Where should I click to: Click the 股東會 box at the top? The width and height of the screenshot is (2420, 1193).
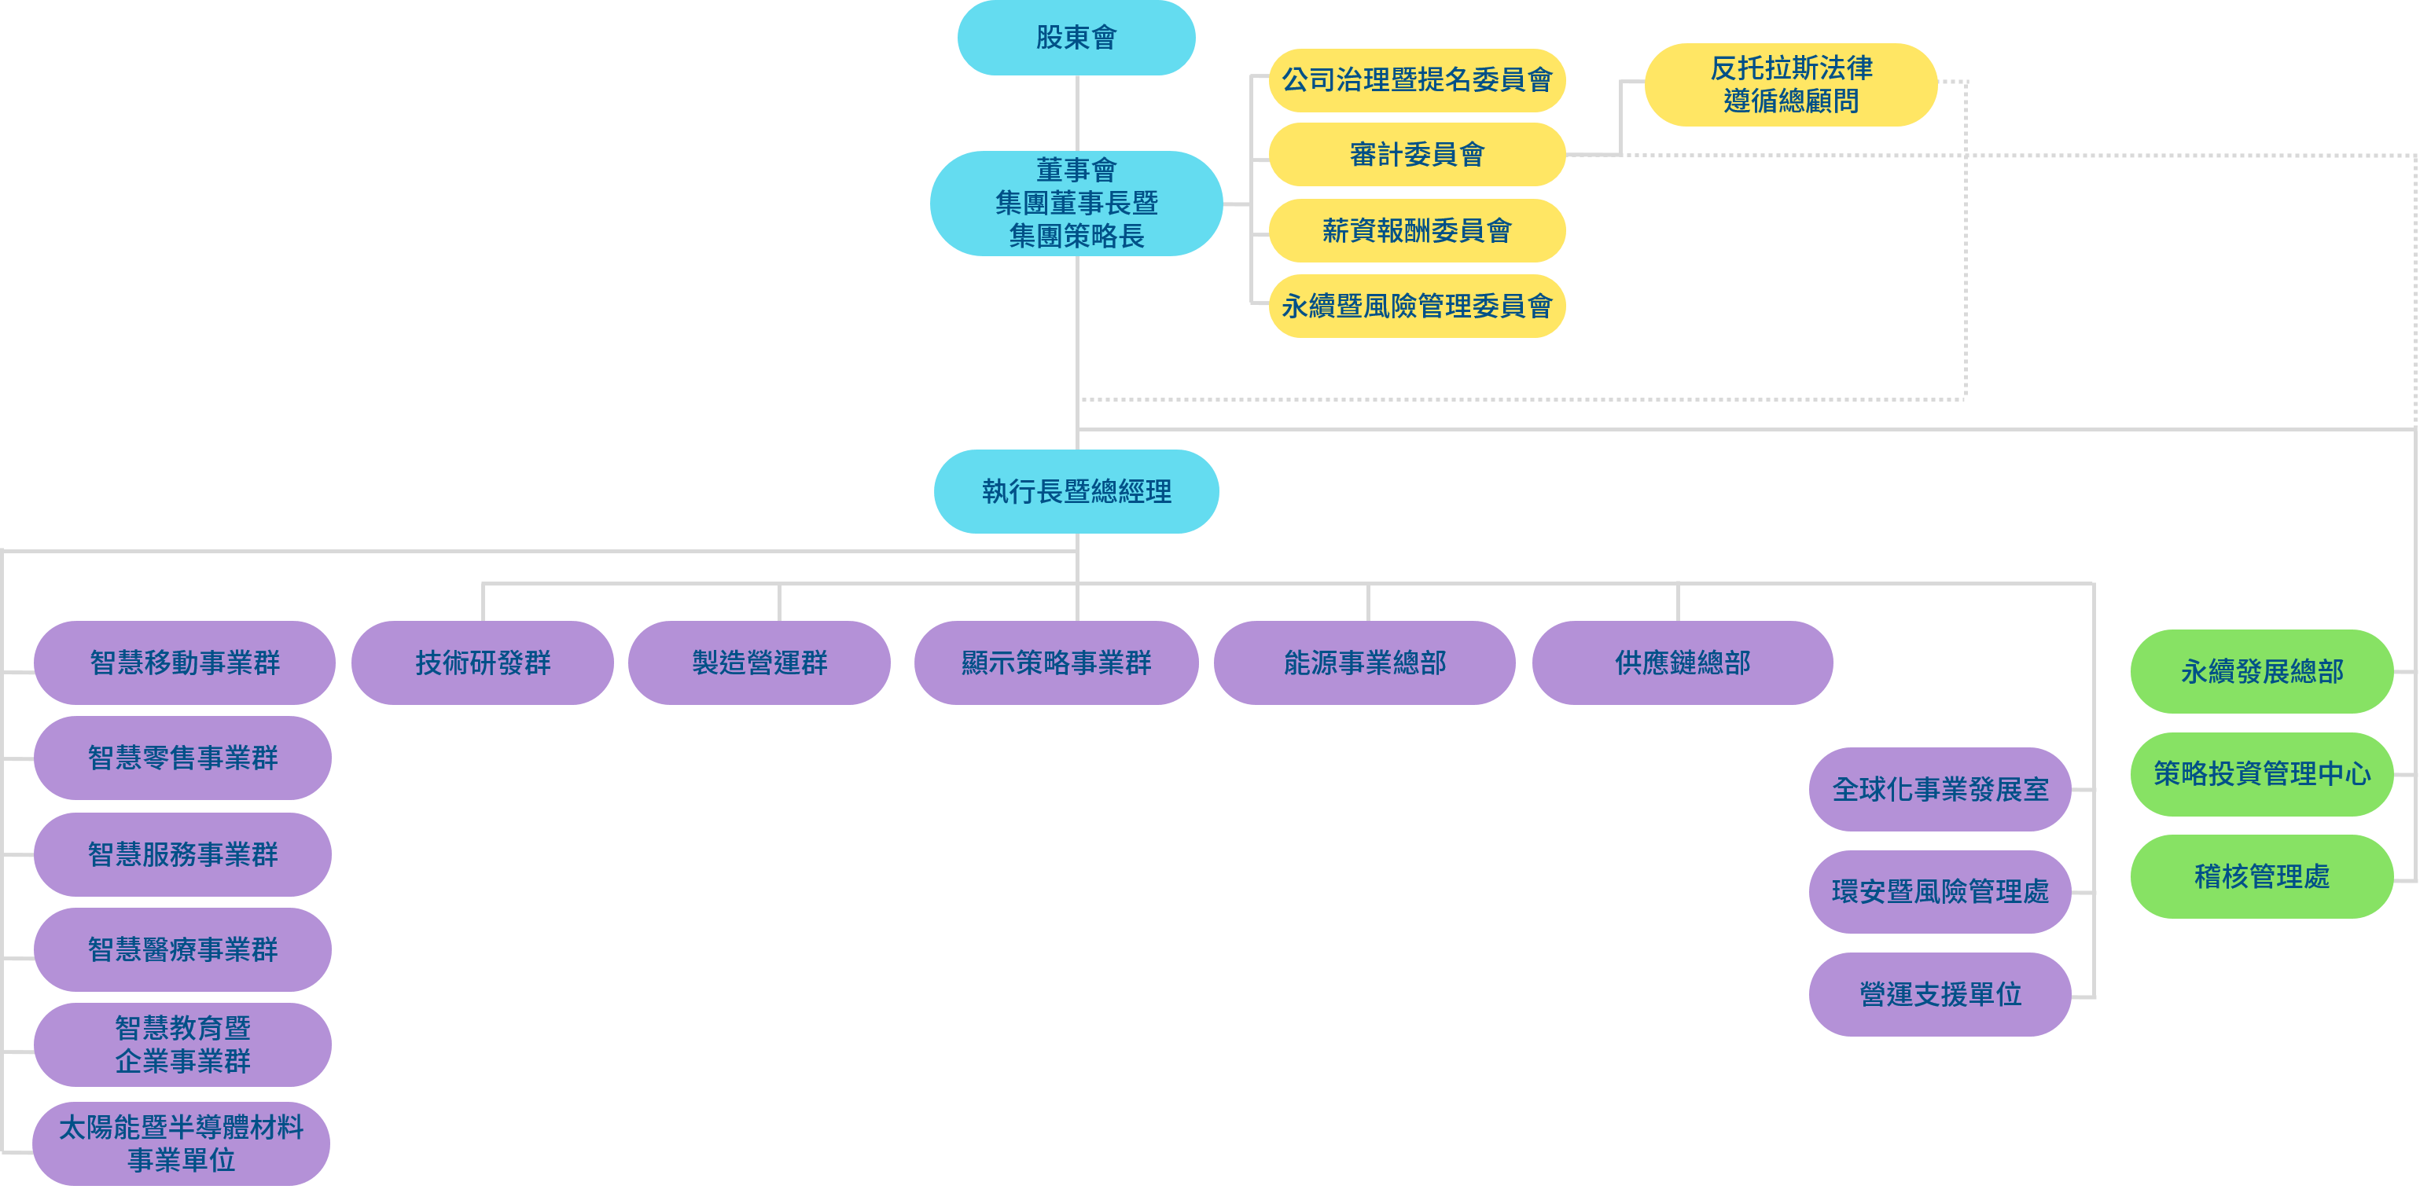tap(1076, 38)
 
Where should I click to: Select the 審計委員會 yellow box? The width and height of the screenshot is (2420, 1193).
tap(1417, 154)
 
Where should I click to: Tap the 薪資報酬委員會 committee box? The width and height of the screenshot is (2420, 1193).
tap(1417, 230)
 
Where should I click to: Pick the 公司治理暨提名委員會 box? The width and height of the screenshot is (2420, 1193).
tap(1417, 80)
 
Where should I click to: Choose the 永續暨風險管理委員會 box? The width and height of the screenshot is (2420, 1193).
tap(1417, 307)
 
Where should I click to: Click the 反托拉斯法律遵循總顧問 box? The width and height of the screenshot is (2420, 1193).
tap(1790, 85)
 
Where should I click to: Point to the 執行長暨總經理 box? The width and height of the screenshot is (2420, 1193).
tap(1076, 491)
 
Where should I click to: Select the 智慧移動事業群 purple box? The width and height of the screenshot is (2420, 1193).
tap(184, 663)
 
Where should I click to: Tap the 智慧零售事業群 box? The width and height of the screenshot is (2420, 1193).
tap(182, 758)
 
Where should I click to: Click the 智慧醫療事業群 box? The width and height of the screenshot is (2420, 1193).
tap(182, 949)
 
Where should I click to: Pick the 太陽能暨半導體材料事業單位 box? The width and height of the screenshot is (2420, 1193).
tap(182, 1143)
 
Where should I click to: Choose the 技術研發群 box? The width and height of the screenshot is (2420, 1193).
tap(483, 663)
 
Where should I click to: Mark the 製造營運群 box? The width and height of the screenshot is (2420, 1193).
tap(759, 663)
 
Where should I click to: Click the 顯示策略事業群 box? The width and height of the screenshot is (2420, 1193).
tap(1056, 663)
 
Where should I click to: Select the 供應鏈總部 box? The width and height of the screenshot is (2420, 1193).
tap(1682, 663)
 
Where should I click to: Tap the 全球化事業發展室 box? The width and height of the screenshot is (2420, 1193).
tap(1940, 789)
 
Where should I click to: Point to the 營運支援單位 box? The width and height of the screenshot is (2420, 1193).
tap(1940, 994)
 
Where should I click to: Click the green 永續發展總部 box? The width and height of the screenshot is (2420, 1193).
tap(2261, 672)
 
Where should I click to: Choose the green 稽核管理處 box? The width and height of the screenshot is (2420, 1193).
tap(2261, 876)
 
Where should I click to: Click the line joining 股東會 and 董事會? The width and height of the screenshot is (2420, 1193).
tap(1076, 112)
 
